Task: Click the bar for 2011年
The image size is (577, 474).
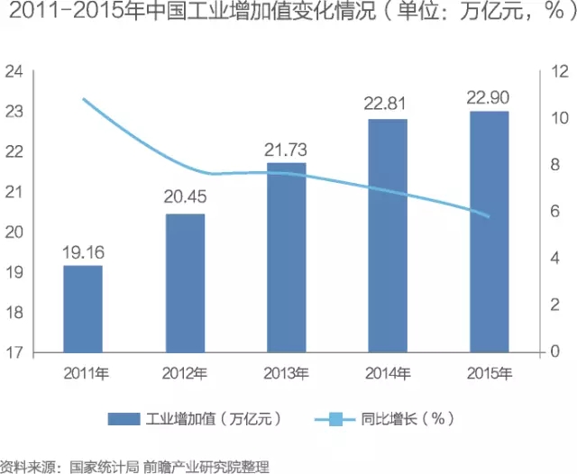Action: coord(83,309)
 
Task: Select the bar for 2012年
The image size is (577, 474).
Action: coord(185,283)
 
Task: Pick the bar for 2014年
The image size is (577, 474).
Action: coord(387,235)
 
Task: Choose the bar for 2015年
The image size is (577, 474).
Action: coord(488,232)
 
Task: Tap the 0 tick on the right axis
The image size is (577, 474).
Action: coord(561,352)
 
